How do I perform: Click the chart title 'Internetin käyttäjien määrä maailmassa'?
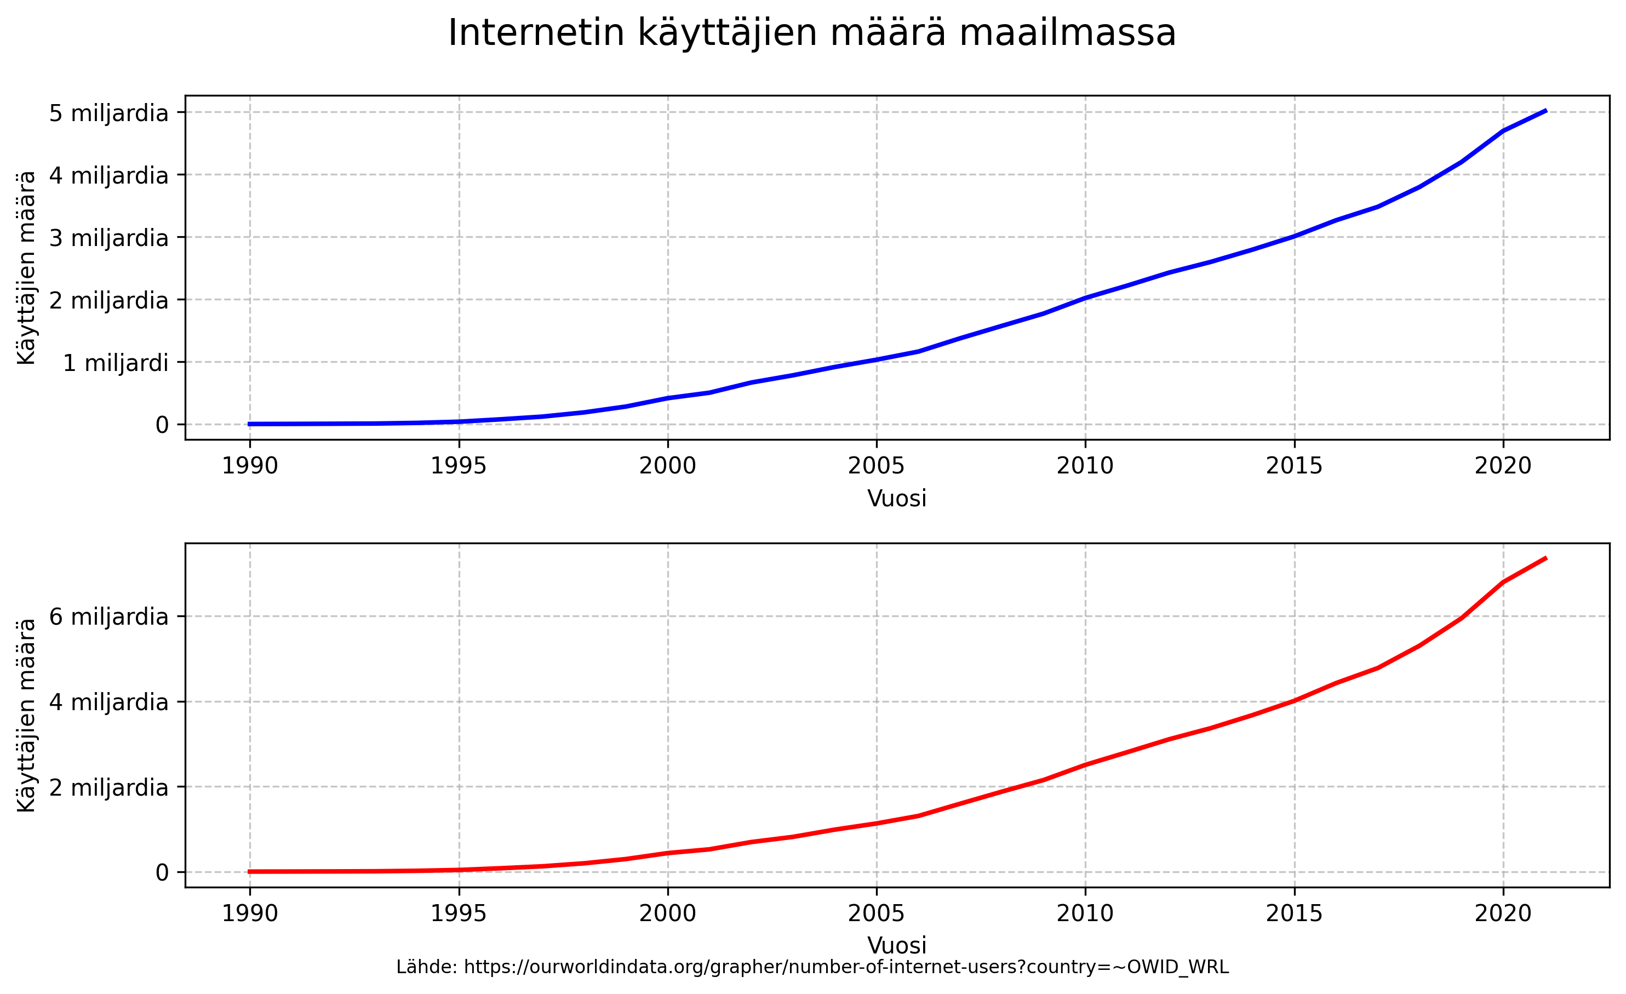pos(812,33)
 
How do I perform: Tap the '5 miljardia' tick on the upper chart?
pos(109,113)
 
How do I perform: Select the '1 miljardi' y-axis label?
pos(116,363)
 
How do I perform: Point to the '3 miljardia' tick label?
pos(109,238)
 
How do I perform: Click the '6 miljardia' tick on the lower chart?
pos(109,617)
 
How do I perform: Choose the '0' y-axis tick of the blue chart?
pos(162,425)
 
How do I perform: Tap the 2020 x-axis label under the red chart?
pos(1503,913)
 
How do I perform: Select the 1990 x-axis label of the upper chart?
pos(249,466)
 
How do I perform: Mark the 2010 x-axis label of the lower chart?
pos(1085,913)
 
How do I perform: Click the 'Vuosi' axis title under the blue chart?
pos(896,498)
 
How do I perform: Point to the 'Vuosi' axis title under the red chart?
pos(896,945)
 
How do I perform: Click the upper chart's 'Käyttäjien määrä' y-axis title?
pos(26,267)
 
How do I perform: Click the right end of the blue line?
pos(1545,111)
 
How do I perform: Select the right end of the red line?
pos(1545,558)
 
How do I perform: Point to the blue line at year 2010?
pos(1085,298)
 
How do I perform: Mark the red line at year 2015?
pos(1294,700)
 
